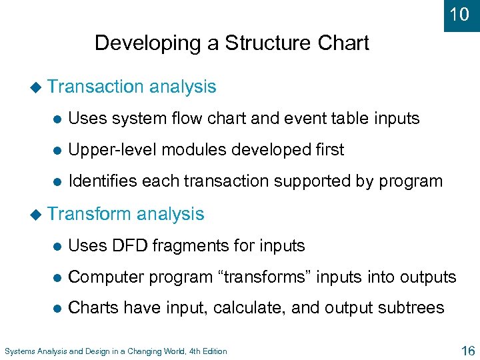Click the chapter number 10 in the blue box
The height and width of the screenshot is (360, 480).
[460, 14]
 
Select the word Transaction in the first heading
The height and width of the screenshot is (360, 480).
[96, 87]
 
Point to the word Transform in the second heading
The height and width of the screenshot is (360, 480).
[90, 214]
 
